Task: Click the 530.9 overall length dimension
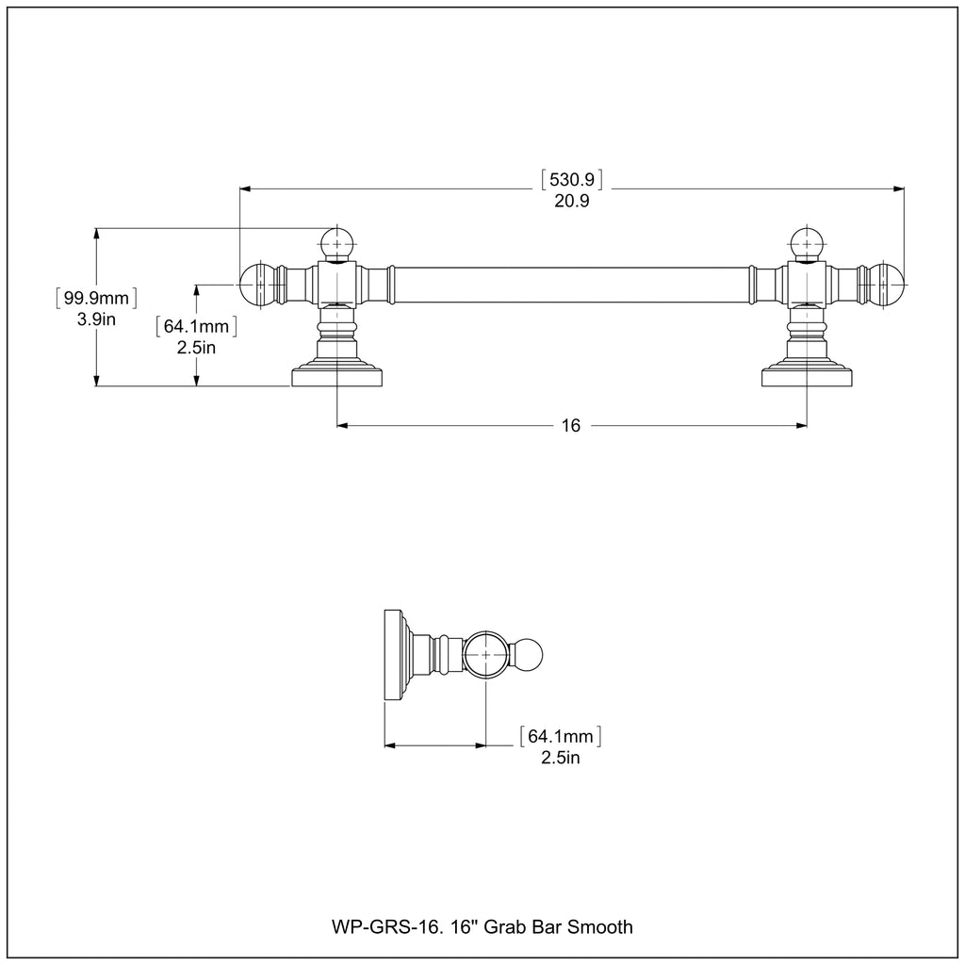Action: click(x=571, y=179)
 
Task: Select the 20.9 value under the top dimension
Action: click(x=571, y=201)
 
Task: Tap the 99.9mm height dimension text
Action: click(x=95, y=299)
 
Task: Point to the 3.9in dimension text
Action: click(x=95, y=320)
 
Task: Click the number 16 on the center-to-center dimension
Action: click(x=571, y=426)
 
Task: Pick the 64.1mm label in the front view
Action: click(x=196, y=327)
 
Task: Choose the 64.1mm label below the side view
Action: click(x=561, y=736)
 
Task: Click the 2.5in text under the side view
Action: click(x=561, y=758)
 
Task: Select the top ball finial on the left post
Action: click(x=337, y=243)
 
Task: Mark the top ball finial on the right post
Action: click(x=806, y=243)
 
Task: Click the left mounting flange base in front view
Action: click(x=337, y=377)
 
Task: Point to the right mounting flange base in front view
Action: click(x=806, y=377)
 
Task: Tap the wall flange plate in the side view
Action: click(x=390, y=655)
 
